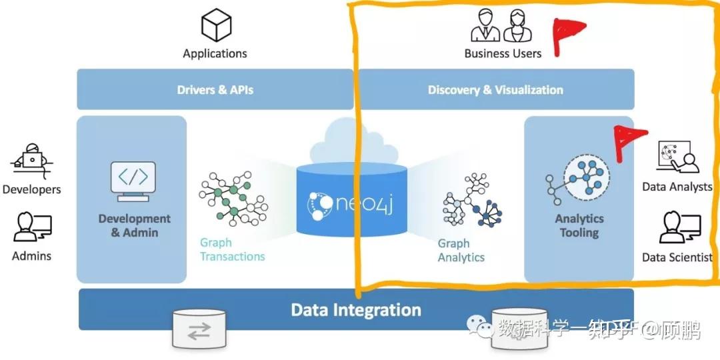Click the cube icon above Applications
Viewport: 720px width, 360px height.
215,25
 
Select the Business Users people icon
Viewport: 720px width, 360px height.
502,26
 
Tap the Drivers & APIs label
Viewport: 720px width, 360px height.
215,90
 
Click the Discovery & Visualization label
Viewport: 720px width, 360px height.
495,90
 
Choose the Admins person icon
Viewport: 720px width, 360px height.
32,227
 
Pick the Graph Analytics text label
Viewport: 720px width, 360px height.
461,250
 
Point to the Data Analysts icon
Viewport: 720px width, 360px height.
677,157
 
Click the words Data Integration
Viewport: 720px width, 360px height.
356,310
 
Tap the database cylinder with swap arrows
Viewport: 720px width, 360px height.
199,330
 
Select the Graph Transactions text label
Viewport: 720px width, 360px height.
232,250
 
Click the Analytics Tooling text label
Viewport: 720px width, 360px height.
579,225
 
